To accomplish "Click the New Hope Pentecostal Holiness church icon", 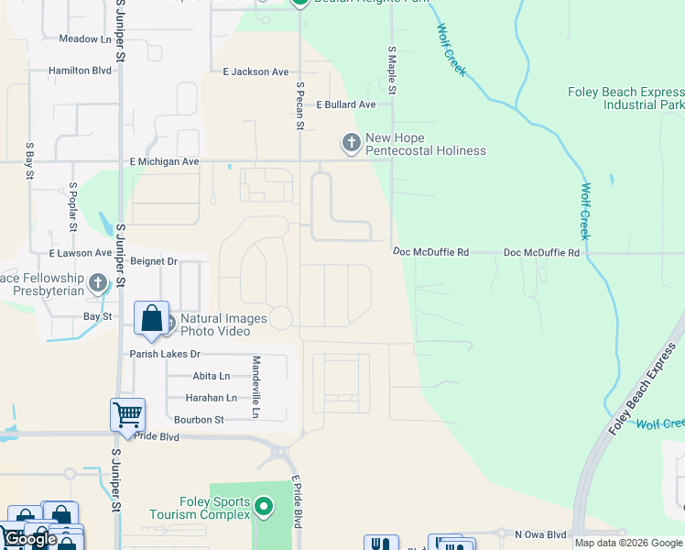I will pos(351,142).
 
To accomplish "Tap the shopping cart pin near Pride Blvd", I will pos(127,414).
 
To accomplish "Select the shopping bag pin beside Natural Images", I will pos(152,318).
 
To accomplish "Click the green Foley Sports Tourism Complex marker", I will pos(264,506).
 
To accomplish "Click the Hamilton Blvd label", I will pos(81,71).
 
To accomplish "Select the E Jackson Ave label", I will pos(256,71).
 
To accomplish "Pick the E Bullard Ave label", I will pos(346,104).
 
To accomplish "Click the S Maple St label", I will pos(392,71).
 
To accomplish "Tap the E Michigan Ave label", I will pos(165,161).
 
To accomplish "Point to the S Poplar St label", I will pos(72,205).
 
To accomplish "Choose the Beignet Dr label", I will pos(154,261).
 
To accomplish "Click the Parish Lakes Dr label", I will pos(164,354).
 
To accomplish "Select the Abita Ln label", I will pos(211,376).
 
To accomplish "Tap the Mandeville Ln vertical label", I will pos(256,387).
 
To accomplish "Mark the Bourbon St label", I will pos(199,420).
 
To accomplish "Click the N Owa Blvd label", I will pos(542,534).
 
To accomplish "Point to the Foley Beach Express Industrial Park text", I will pos(625,98).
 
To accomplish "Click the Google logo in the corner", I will pos(30,539).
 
